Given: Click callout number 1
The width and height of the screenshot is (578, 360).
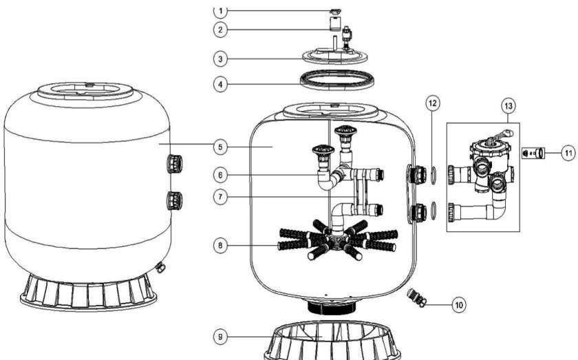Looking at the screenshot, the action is pyautogui.click(x=220, y=11).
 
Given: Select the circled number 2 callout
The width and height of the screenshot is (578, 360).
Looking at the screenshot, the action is pyautogui.click(x=220, y=30).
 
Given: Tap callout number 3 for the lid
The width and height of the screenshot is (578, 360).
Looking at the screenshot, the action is pyautogui.click(x=220, y=59).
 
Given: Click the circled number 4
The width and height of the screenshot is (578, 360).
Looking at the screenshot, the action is pyautogui.click(x=220, y=85).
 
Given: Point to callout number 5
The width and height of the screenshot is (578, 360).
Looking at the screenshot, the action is pyautogui.click(x=220, y=147).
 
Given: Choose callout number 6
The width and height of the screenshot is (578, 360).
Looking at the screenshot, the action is pyautogui.click(x=220, y=175).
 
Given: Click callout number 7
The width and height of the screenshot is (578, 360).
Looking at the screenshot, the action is pyautogui.click(x=220, y=197).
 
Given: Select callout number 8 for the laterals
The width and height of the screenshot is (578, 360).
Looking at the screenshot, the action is pyautogui.click(x=220, y=245).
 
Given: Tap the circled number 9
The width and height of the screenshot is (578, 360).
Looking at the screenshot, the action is pyautogui.click(x=220, y=337).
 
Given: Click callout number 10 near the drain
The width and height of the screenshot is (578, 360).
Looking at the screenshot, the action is pyautogui.click(x=459, y=305).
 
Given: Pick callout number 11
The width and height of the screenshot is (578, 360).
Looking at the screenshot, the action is pyautogui.click(x=568, y=153).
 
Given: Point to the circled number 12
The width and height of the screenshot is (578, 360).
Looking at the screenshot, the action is pyautogui.click(x=433, y=103).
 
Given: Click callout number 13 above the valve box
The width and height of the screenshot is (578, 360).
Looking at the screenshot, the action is pyautogui.click(x=509, y=106).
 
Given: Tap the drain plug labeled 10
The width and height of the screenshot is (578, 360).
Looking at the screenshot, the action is pyautogui.click(x=416, y=297).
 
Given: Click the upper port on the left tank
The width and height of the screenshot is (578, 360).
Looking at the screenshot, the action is pyautogui.click(x=175, y=164).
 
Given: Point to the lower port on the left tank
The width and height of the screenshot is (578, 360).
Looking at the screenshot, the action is pyautogui.click(x=175, y=200).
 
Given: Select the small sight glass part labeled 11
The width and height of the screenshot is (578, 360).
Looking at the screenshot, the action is pyautogui.click(x=533, y=153).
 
